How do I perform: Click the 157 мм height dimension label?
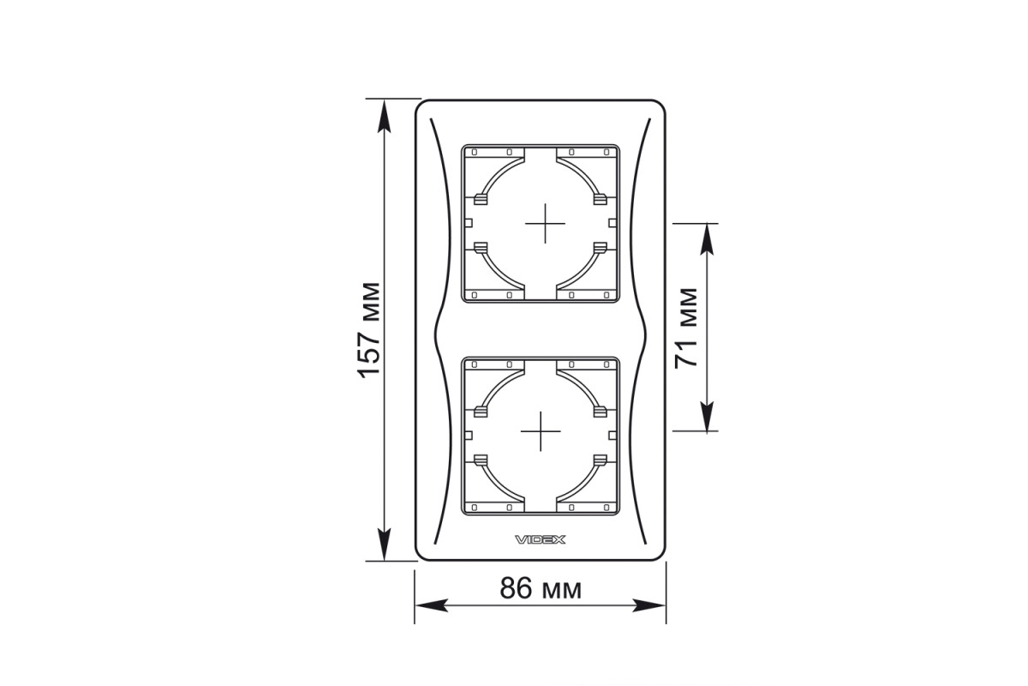click(x=368, y=330)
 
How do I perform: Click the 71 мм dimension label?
click(x=686, y=328)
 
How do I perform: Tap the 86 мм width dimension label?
click(x=541, y=588)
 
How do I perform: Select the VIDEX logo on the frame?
click(x=541, y=539)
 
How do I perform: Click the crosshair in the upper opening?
click(x=545, y=223)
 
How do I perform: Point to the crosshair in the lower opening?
click(x=541, y=431)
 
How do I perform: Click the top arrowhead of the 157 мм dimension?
click(x=384, y=117)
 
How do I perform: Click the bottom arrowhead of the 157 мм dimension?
click(x=384, y=544)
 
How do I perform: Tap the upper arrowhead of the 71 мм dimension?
click(x=708, y=240)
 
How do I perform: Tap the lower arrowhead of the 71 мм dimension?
click(x=708, y=416)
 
